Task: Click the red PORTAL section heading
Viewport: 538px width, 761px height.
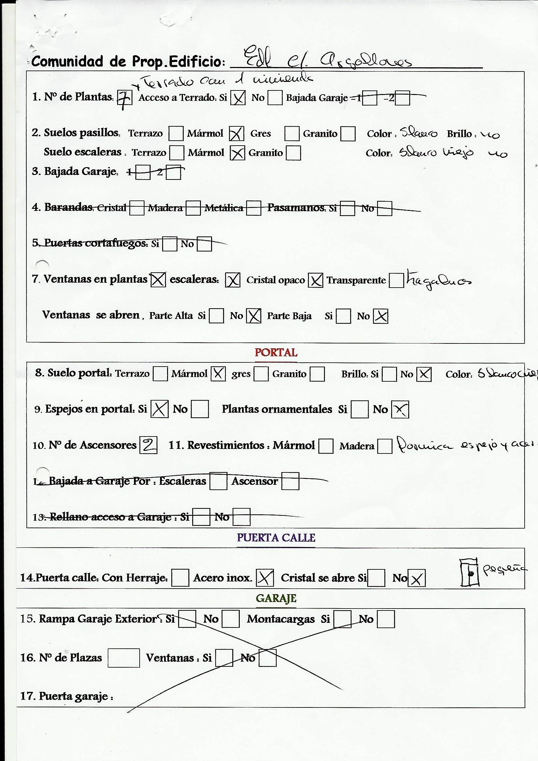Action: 276,352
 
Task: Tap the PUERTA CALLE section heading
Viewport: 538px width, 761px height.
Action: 276,537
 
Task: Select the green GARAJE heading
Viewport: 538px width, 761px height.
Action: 276,598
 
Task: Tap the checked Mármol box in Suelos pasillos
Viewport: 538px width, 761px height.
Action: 237,134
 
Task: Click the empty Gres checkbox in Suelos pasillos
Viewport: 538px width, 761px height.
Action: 292,134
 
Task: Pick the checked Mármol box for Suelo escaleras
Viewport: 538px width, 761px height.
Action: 237,153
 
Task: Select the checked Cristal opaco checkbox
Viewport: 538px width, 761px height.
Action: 315,280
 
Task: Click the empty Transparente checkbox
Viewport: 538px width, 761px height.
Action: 396,280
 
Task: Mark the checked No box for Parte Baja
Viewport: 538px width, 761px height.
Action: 380,316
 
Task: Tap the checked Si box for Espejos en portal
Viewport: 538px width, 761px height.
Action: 159,409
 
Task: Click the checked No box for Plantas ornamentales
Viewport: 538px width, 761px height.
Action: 400,409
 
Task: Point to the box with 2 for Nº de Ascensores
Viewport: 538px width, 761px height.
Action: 148,445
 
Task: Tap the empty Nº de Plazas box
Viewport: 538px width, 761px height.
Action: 124,658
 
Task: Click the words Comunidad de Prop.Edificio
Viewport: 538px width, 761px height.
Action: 128,62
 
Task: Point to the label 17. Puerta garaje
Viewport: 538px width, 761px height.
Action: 67,696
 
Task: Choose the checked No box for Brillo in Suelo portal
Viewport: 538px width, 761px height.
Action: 424,374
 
